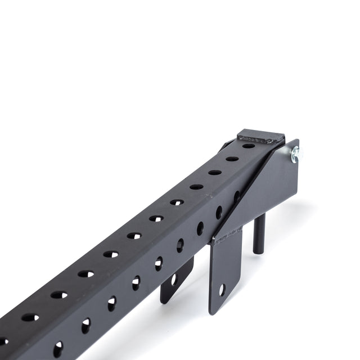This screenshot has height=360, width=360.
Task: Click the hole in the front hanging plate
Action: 222,291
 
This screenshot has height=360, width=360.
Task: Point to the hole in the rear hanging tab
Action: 173,278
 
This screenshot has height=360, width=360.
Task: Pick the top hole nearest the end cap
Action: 248,146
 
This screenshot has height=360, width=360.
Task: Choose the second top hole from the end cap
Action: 232,159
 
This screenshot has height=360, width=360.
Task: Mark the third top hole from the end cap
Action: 214,172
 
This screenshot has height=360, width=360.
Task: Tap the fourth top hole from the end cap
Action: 196,187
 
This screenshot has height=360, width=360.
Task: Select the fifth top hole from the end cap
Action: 177,202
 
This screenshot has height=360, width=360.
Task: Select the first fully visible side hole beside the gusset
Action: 219,212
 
